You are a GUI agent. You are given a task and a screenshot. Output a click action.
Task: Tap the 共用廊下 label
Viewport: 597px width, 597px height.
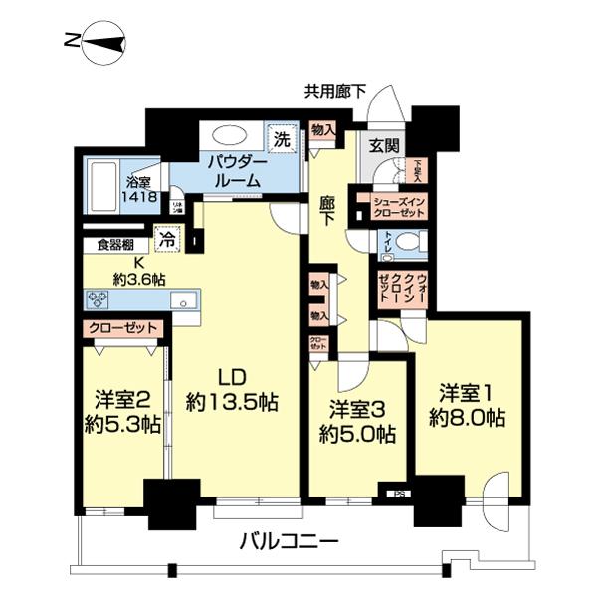point(335,92)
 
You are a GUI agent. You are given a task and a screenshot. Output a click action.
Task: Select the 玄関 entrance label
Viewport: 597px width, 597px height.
point(385,145)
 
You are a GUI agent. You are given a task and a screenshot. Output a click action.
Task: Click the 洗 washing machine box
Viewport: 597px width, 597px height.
point(282,140)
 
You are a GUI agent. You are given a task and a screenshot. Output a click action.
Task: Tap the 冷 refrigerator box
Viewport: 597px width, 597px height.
point(169,240)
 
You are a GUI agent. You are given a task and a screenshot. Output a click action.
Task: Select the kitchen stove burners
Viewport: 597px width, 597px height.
point(99,298)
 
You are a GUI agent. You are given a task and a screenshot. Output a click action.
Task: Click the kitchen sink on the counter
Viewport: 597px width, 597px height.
point(181,300)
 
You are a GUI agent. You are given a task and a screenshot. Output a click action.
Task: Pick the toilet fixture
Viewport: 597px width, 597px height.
point(410,241)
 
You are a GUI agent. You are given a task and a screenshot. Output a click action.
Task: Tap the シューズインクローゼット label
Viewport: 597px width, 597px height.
point(400,206)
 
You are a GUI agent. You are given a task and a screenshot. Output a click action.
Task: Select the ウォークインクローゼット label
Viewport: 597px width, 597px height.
point(402,288)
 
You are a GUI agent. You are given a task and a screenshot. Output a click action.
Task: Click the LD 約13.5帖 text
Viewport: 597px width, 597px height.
point(231,390)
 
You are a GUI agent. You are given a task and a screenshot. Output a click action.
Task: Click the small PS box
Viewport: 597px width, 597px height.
point(400,492)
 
